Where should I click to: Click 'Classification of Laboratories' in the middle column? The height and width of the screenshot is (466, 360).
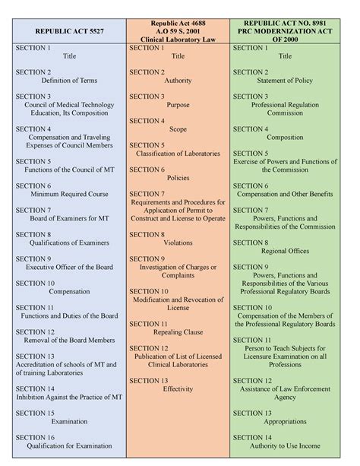[178, 154]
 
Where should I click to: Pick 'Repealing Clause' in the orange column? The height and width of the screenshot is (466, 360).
[178, 332]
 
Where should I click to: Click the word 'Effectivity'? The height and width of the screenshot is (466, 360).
[178, 388]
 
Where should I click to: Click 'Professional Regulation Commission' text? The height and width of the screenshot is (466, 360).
[286, 109]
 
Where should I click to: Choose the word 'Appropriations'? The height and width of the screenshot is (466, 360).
[286, 421]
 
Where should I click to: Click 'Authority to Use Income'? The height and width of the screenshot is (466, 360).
[286, 446]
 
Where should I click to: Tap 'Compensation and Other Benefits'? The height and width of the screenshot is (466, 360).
[286, 194]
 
